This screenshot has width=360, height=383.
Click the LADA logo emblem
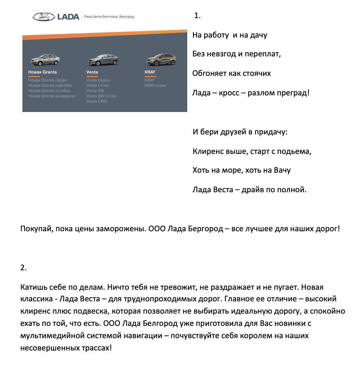(43, 16)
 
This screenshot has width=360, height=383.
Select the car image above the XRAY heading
(160, 60)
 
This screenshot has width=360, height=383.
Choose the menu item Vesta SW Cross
(101, 96)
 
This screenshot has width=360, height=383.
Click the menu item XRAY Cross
(155, 86)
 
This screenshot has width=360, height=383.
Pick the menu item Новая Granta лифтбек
(50, 86)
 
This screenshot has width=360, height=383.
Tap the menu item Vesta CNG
(97, 102)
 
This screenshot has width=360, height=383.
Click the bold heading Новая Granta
(42, 72)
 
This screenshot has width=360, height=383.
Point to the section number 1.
(197, 16)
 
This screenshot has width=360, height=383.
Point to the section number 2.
(23, 268)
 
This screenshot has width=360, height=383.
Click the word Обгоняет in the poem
(210, 74)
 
